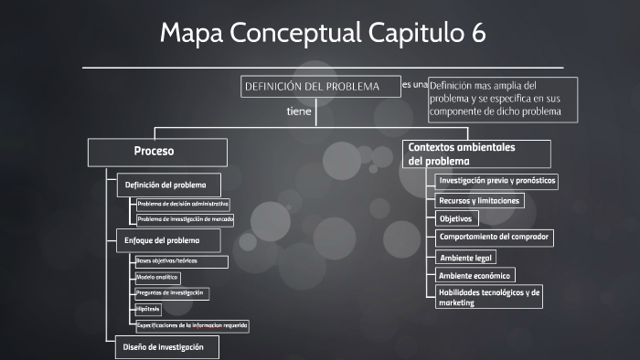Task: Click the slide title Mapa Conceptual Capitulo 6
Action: coord(323,34)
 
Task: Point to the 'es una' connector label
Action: coord(413,84)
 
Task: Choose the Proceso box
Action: coord(156,152)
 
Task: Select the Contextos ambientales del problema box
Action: coord(476,153)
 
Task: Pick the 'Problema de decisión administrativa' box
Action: coord(183,204)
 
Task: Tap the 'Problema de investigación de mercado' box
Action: coord(185,219)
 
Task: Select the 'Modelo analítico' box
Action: coord(157,277)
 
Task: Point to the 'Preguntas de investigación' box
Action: coord(171,293)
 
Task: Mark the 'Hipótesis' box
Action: coord(148,309)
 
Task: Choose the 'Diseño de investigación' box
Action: coord(165,347)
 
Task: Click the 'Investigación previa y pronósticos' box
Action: coord(496,181)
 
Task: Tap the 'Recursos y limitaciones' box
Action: coord(479,200)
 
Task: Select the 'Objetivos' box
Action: coord(456,219)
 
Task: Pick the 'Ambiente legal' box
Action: coord(466,258)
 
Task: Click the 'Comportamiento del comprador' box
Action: coord(494,238)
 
